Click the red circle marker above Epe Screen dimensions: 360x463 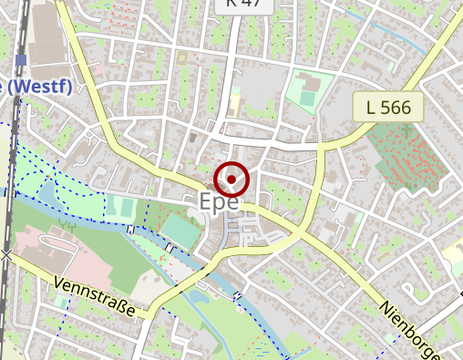[x=231, y=179]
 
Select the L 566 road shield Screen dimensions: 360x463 [x=388, y=107]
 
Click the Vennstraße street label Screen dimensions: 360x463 [x=94, y=297]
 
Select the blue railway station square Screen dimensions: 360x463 [x=21, y=60]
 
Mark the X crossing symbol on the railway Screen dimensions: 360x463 [x=7, y=255]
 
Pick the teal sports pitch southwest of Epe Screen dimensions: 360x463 [x=183, y=233]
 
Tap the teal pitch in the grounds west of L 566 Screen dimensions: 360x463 [x=305, y=92]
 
